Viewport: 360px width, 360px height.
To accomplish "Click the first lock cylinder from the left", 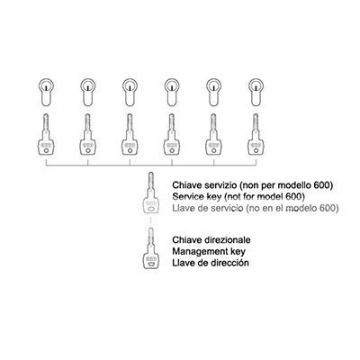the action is tap(46, 93).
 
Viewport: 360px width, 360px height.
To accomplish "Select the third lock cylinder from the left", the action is tap(130, 93).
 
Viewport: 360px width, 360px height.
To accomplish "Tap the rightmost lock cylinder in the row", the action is tap(256, 93).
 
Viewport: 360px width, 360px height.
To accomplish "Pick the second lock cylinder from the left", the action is tap(88, 93).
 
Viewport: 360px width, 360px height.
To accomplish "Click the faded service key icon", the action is tap(151, 193).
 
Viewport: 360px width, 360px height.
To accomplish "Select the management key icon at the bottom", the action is tap(151, 248).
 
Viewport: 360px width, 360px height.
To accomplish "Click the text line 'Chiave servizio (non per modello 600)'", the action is tap(253, 185).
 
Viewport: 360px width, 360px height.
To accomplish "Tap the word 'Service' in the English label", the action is tap(188, 196).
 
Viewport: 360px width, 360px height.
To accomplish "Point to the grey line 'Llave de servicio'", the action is tap(208, 208).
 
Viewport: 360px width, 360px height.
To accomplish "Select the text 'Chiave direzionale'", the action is tap(211, 240).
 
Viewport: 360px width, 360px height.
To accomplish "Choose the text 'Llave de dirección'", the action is tap(211, 263).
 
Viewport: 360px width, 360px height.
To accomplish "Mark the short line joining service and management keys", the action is tap(151, 221).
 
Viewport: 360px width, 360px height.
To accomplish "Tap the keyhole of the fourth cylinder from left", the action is tap(172, 87).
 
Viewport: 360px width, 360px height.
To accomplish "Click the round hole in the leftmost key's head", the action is tap(46, 151).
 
